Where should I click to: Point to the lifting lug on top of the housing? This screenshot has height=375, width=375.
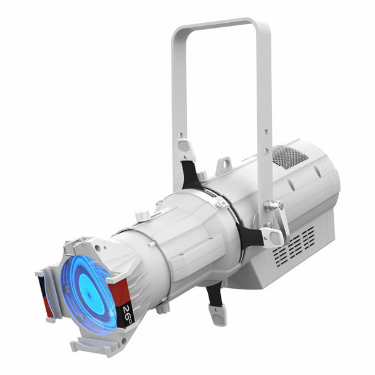pos(226,163)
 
